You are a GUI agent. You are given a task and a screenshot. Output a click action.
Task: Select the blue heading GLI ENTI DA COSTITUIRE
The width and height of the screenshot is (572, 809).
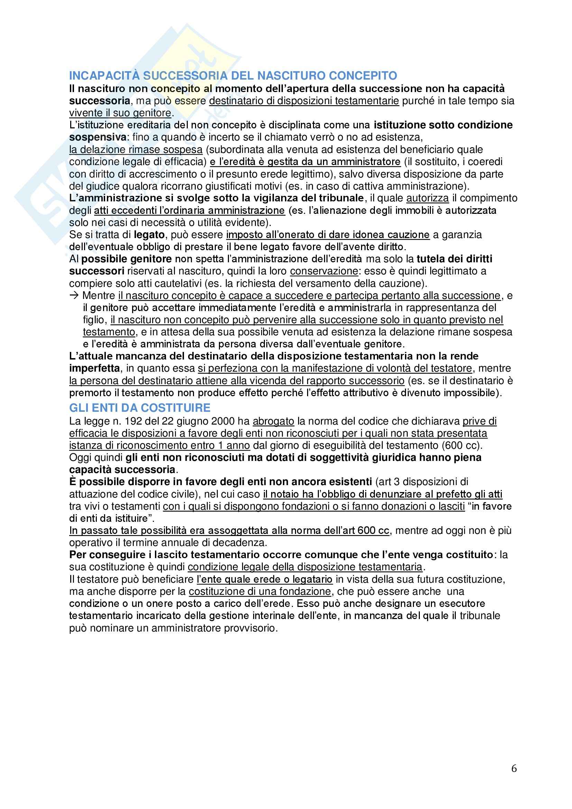coord(139,408)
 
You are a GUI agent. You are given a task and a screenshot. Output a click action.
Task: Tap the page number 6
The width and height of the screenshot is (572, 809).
coord(514,768)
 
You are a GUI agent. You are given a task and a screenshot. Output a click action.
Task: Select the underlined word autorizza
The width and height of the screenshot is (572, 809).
coord(427,198)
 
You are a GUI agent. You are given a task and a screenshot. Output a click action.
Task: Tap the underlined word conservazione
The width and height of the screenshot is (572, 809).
coord(324,271)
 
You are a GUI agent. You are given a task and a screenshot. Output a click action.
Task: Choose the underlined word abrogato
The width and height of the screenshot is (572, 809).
coord(273,421)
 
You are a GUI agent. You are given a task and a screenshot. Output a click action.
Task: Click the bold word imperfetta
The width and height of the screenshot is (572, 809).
coord(94,368)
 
